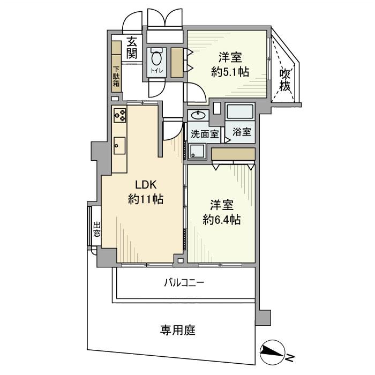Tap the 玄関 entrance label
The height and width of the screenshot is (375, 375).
click(x=132, y=48)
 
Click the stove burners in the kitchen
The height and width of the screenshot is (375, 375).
click(x=119, y=114)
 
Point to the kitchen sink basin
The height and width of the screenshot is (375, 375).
click(x=119, y=145)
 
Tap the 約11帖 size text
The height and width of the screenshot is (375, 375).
click(x=145, y=200)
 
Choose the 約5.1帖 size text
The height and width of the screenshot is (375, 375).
click(x=230, y=72)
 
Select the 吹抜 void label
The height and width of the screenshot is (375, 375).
click(x=285, y=79)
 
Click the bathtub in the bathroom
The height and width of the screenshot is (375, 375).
click(x=241, y=112)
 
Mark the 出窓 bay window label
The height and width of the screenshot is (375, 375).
click(x=96, y=229)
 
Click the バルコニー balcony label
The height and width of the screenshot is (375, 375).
click(x=184, y=282)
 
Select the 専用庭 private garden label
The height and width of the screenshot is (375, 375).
click(x=177, y=329)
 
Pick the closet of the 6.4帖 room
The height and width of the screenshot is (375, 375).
click(x=232, y=154)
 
